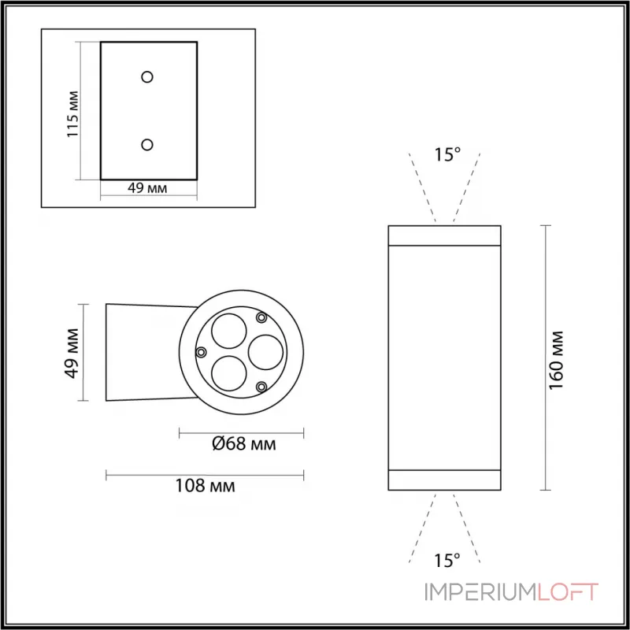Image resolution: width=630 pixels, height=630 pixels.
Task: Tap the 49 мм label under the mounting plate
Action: click(146, 187)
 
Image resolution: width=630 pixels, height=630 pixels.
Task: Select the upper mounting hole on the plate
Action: click(147, 76)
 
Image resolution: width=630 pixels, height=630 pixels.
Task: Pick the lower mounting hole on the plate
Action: click(147, 144)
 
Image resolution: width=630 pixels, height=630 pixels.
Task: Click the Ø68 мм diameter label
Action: click(243, 446)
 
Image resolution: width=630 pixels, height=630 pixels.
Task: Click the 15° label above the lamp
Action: click(447, 154)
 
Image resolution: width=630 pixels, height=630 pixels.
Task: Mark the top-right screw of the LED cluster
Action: click(261, 317)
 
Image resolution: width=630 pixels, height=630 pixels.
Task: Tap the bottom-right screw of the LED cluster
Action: click(261, 386)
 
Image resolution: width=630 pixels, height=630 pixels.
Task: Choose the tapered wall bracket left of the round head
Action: click(142, 351)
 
